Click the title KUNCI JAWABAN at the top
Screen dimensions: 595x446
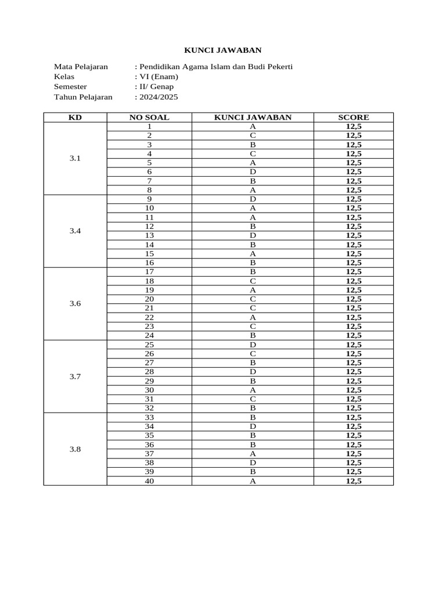click(223, 51)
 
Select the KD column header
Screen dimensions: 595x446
click(75, 117)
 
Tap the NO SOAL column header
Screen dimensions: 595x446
click(149, 117)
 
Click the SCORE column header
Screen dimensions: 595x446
click(353, 117)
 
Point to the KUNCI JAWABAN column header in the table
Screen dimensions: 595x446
click(253, 117)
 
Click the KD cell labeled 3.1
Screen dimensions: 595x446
click(75, 158)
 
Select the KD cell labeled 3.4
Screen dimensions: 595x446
click(75, 231)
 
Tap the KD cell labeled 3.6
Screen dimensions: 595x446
click(75, 303)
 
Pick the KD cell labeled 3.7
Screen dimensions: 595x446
click(75, 377)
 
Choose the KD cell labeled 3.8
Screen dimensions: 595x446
click(75, 449)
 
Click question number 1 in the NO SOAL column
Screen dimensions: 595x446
click(149, 126)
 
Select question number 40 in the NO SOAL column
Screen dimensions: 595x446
click(149, 481)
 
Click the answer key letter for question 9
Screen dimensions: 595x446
click(253, 199)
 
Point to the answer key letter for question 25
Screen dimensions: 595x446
click(253, 345)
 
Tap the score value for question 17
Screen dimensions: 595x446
click(353, 271)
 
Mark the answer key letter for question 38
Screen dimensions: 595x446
click(253, 463)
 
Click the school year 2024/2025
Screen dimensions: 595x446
click(158, 97)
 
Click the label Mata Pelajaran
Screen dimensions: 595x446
click(81, 67)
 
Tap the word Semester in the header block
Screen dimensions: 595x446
click(70, 87)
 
